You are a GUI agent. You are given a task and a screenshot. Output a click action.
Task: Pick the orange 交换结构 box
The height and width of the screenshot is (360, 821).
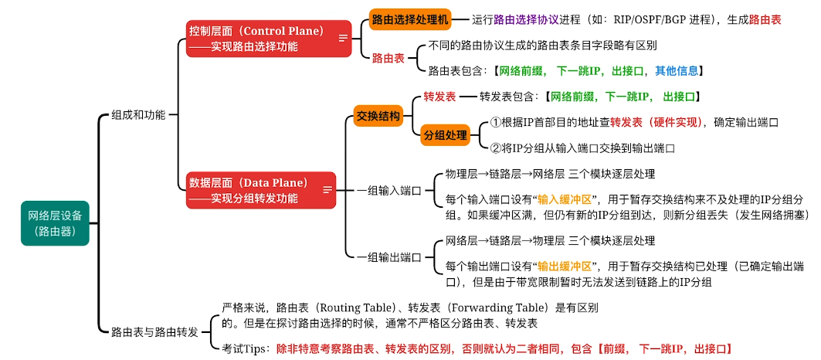click(x=378, y=117)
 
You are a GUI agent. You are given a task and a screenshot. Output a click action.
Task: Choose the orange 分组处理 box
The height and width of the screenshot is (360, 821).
click(x=446, y=135)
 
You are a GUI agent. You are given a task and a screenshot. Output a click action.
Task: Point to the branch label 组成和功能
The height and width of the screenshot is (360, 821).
click(x=138, y=114)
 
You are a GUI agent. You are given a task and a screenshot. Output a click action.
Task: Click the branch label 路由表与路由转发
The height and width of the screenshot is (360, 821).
click(x=154, y=331)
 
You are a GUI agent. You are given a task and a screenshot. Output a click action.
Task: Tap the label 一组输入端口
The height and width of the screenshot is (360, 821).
click(x=388, y=190)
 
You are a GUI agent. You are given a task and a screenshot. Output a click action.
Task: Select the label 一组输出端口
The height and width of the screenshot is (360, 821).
click(x=388, y=256)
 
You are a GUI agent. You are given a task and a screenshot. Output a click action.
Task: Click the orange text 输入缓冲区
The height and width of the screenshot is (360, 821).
click(x=565, y=199)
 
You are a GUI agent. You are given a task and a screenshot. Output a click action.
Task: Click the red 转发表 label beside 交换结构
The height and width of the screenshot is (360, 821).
click(x=439, y=97)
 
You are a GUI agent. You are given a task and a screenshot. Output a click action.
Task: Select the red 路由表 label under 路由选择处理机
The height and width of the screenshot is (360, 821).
click(x=388, y=58)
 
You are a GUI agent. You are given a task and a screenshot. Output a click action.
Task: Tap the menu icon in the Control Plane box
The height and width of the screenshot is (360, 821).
click(x=343, y=37)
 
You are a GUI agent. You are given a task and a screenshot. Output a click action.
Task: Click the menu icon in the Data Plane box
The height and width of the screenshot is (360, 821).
click(x=327, y=189)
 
